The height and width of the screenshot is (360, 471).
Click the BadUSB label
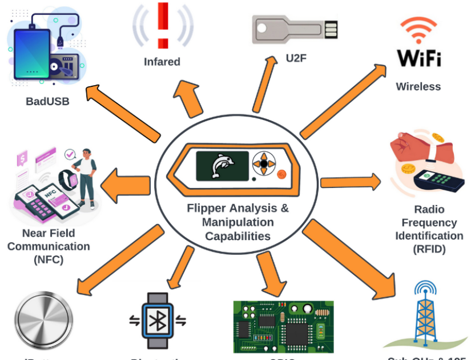click(x=48, y=102)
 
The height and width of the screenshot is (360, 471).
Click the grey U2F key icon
click(x=295, y=30)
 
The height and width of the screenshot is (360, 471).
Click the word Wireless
click(x=418, y=87)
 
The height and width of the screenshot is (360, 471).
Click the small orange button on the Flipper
click(x=281, y=175)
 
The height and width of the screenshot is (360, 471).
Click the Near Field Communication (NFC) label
click(x=49, y=246)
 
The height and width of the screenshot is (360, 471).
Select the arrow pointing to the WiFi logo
click(x=343, y=101)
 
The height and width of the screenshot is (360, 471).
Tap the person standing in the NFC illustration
click(x=86, y=177)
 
